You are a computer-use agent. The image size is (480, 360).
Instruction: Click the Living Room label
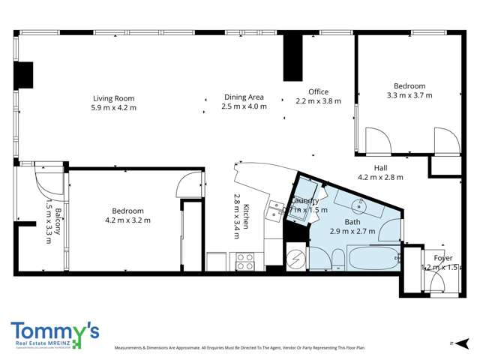tap(114, 98)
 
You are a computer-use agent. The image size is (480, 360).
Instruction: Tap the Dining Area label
tap(244, 97)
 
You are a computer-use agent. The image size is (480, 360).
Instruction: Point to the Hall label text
tap(381, 168)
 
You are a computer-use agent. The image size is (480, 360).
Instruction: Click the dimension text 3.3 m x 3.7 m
tap(409, 95)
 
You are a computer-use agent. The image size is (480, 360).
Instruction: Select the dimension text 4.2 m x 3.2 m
tap(128, 220)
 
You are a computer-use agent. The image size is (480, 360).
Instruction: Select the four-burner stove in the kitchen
tap(245, 260)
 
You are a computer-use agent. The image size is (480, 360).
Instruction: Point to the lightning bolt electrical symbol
tap(295, 259)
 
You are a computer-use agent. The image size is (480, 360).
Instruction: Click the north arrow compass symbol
tap(452, 342)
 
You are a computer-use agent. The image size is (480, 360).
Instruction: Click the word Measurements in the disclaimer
tap(129, 349)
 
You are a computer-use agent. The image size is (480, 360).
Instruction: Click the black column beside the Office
tap(291, 57)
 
